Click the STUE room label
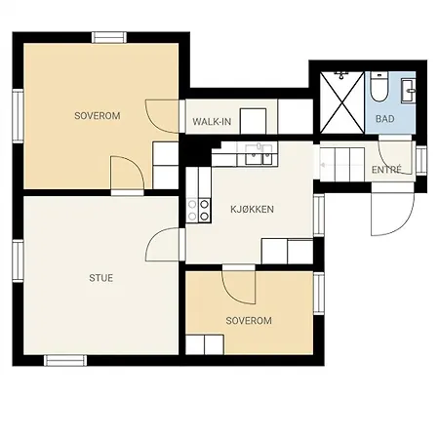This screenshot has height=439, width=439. [101, 278]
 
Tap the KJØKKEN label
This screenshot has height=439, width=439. [252, 209]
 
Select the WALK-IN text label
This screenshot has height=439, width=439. [212, 122]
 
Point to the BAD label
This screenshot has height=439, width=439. [385, 119]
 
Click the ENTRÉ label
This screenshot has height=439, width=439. [386, 170]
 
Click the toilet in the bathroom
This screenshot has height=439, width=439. [379, 87]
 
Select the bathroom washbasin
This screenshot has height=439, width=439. [409, 90]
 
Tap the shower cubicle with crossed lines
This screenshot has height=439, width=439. [342, 102]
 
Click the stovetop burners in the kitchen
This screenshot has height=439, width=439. [198, 211]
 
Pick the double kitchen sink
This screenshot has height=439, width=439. [259, 154]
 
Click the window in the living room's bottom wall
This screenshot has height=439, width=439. [65, 361]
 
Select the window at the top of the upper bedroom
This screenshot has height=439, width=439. [109, 37]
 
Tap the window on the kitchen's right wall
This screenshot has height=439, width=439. [319, 216]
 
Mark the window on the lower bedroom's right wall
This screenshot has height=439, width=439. [319, 294]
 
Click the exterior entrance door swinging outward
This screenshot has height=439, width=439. [392, 209]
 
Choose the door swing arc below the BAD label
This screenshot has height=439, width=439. [395, 155]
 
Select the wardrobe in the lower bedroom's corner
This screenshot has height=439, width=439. [205, 344]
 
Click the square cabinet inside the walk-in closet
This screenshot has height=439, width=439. [253, 121]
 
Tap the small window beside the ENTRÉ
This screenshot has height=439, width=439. [421, 161]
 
